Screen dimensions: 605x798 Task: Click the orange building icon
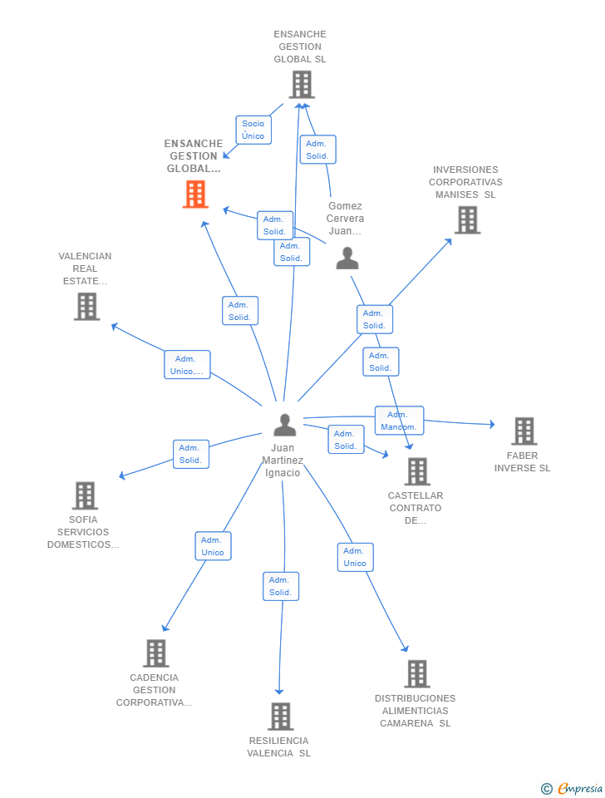tap(195, 195)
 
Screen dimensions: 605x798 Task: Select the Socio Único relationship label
tap(253, 130)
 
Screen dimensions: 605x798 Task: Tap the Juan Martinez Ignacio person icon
tap(284, 425)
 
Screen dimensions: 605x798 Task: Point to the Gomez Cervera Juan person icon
tap(347, 258)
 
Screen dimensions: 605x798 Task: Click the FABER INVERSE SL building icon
tap(524, 431)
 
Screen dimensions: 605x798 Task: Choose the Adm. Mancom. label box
tap(400, 421)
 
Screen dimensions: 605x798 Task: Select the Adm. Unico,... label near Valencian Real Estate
tap(187, 365)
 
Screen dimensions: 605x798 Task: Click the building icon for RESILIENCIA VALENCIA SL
tap(281, 716)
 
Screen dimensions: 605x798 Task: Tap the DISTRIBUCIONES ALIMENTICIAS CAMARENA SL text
tap(416, 711)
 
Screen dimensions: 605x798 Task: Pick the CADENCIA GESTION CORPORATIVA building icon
tap(155, 653)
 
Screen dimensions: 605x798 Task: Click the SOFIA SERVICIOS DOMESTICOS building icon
tap(85, 495)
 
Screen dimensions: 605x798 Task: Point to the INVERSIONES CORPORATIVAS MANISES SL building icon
tap(468, 219)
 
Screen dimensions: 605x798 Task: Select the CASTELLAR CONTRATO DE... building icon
tap(418, 471)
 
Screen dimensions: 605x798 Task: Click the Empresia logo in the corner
tap(572, 788)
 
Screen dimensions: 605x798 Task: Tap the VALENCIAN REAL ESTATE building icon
tap(86, 307)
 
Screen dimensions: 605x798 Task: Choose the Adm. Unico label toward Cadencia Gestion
tap(214, 546)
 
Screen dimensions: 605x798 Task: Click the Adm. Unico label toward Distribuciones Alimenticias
tap(355, 557)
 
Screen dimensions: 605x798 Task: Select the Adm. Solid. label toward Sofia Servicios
tap(191, 454)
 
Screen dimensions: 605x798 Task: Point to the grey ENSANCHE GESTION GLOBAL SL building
tap(302, 85)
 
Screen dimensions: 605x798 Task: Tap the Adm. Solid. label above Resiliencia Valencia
tap(281, 586)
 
